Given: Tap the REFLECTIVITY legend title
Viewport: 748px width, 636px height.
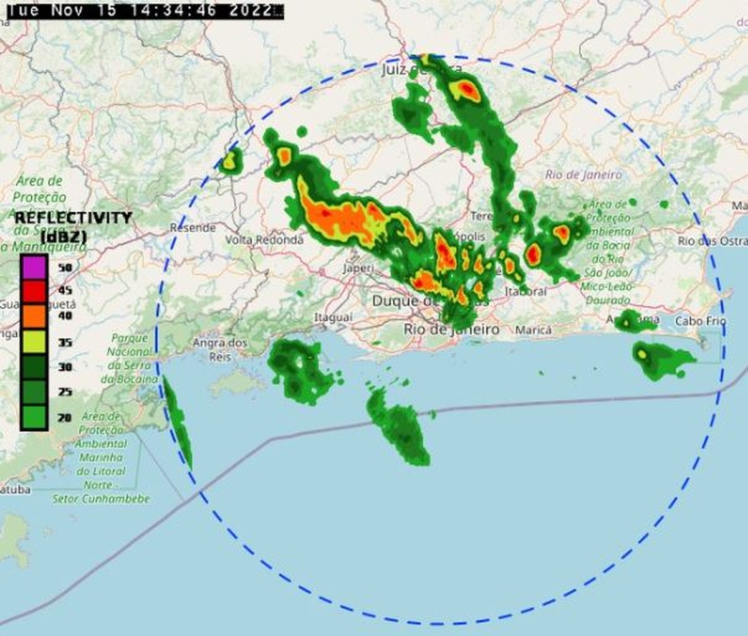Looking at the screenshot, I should (73, 217).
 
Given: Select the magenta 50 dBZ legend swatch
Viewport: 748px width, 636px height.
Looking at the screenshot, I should (34, 267).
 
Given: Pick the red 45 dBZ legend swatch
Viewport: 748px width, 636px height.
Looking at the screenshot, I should (34, 291).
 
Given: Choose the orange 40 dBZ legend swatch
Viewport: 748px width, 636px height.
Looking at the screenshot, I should (34, 316).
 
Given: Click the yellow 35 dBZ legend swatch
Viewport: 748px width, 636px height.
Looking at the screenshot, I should (34, 342).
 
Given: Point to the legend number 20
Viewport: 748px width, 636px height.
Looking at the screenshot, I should (65, 417).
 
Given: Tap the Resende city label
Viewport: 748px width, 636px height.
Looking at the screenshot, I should (193, 228).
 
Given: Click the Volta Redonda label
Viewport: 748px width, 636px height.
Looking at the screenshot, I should (264, 240).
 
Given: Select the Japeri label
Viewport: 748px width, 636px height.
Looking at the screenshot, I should (358, 268).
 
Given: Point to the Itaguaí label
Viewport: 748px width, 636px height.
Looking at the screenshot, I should (333, 318).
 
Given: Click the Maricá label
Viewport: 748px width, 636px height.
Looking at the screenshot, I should (533, 330).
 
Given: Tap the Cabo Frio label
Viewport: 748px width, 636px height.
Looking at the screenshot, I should (701, 321).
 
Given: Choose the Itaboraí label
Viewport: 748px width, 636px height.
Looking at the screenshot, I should (525, 292).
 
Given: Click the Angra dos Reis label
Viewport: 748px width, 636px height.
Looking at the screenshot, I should (220, 349).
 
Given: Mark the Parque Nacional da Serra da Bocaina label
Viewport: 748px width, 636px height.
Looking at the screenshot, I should (130, 358).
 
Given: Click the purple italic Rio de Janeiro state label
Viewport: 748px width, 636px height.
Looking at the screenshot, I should (583, 175).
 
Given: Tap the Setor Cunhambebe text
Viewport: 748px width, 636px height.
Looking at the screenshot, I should (101, 499).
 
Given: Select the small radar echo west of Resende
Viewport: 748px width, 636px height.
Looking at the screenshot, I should (231, 160).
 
